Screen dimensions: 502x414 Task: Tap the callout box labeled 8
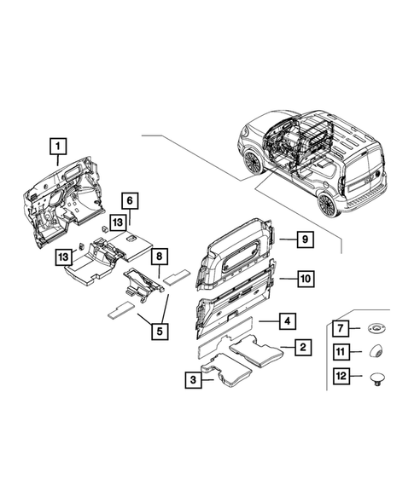coord(158,256)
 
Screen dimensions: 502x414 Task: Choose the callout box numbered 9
coord(302,240)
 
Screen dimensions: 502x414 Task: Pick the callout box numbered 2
coord(302,347)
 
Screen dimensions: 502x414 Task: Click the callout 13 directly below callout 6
coord(117,222)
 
